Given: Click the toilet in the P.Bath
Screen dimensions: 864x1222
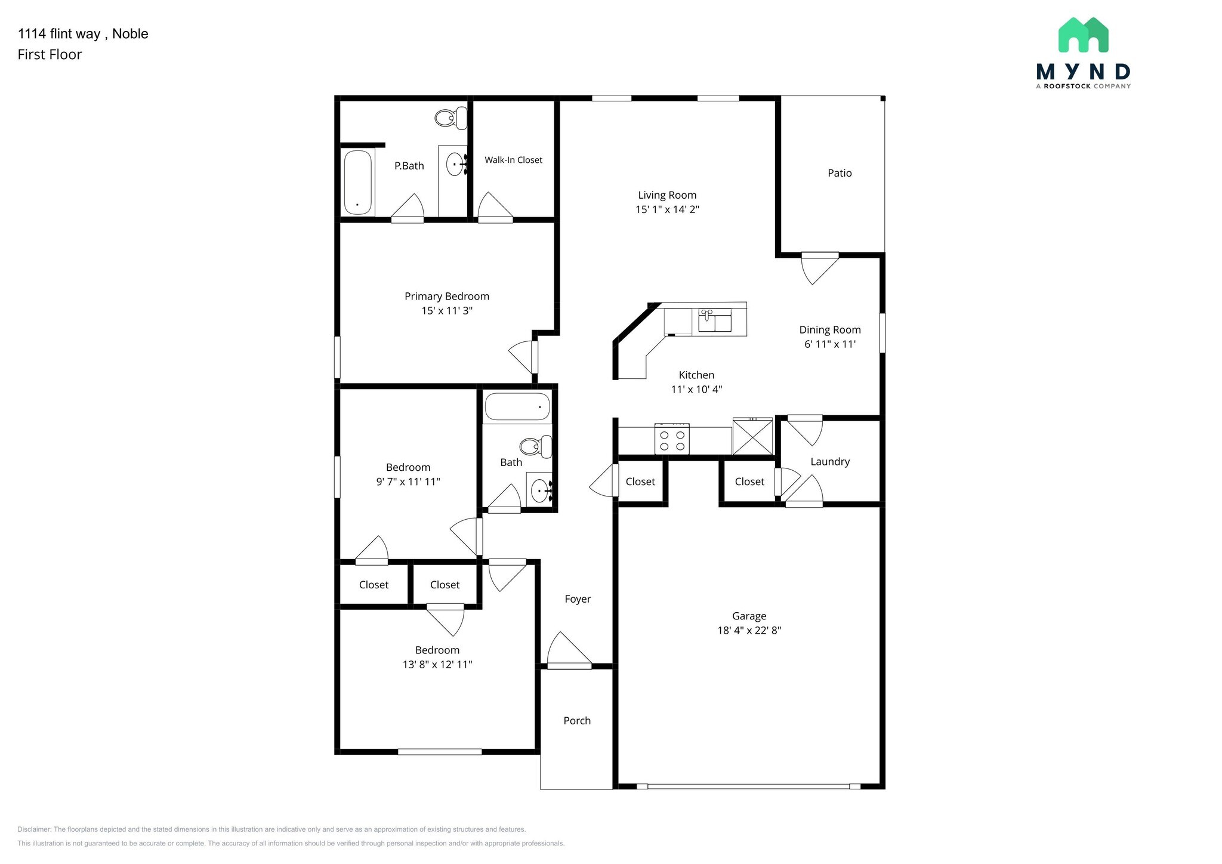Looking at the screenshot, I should [451, 118].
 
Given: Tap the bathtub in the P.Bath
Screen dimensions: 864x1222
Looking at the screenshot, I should [358, 183].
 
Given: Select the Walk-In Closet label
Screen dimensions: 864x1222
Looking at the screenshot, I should [513, 160].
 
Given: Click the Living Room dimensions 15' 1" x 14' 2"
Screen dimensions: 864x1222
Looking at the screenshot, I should [667, 209].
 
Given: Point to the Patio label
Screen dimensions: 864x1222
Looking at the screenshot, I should [840, 173].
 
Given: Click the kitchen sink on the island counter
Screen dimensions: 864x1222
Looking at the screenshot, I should [714, 320].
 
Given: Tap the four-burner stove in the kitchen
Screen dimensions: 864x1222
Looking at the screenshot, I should [672, 440].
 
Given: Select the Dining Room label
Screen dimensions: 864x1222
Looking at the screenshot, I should [829, 330].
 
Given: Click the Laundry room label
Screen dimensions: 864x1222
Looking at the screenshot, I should [829, 462].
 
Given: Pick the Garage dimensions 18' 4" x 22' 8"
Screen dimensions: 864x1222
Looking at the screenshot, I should [749, 630].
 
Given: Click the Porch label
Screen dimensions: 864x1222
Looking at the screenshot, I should [577, 721].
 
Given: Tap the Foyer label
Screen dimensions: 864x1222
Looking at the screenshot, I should [578, 599].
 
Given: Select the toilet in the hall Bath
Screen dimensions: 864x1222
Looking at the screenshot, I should [535, 446].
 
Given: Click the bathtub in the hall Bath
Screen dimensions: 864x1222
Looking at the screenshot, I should [517, 407].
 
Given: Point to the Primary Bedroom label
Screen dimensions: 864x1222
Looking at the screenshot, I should [446, 297].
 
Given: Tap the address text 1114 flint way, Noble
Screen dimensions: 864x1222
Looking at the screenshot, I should [83, 34].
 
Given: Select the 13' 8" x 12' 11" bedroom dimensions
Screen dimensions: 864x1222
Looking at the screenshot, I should [437, 664].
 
